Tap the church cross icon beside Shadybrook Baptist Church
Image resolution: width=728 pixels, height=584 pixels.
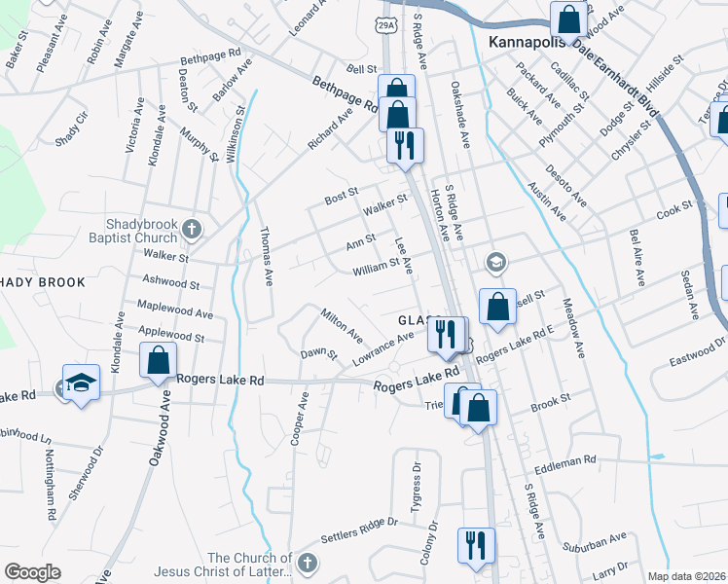(x=192, y=230)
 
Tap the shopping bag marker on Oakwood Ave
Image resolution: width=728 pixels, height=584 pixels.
(x=158, y=361)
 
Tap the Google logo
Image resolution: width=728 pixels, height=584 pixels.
(x=33, y=572)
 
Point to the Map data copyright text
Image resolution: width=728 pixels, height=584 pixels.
(x=686, y=576)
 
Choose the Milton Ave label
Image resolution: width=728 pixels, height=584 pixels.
(x=342, y=324)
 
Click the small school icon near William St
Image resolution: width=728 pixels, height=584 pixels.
(x=495, y=262)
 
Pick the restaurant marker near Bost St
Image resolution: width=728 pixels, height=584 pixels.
(x=406, y=146)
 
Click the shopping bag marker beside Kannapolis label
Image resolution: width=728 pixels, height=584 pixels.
(x=566, y=19)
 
